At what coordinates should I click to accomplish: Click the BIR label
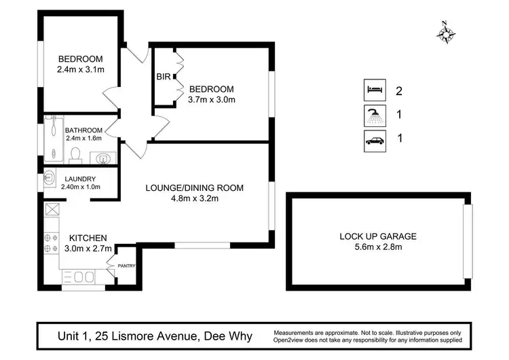(x=163, y=77)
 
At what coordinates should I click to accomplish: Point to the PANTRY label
(x=127, y=266)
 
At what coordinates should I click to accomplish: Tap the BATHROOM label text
(x=83, y=130)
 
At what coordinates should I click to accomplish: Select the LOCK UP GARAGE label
(x=378, y=236)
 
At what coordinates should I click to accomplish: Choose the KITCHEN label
(x=88, y=238)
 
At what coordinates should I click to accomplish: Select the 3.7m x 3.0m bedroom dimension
(x=212, y=100)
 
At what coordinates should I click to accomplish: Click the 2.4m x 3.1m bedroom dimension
(x=80, y=69)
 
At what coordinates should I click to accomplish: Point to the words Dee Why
(x=232, y=336)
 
